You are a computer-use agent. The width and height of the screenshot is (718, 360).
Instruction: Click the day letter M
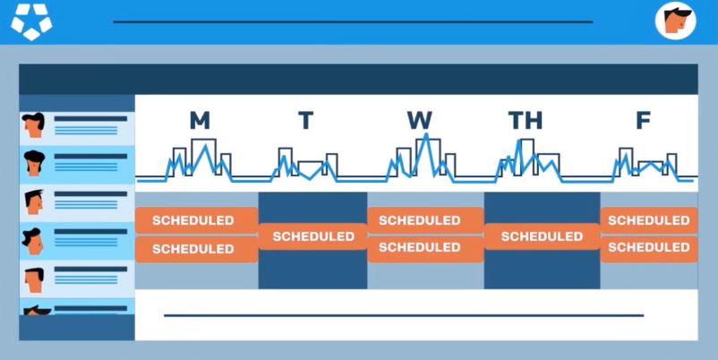coord(200,121)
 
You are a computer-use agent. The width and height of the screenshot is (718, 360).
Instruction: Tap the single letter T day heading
coord(306,121)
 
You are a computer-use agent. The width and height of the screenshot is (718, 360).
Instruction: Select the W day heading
coord(420,121)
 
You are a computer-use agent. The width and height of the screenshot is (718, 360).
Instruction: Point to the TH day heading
coord(526,121)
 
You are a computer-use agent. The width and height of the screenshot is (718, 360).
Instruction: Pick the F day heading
coord(644,121)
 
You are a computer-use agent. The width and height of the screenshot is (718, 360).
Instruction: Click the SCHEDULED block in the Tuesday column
coord(313,236)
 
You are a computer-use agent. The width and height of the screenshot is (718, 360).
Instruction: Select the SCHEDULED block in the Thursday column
coord(542,236)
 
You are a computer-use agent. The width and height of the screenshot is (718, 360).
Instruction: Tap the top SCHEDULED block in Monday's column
coord(196,220)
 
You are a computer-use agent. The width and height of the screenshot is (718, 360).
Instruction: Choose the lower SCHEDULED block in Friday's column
coord(649,248)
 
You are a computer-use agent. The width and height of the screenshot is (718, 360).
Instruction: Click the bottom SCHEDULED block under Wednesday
coord(425,248)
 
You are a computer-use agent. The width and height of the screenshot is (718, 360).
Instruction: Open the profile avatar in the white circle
coord(675,21)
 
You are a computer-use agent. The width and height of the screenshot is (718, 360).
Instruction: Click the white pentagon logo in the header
coord(31,21)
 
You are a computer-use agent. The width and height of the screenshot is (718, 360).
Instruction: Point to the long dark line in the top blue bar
coord(353,21)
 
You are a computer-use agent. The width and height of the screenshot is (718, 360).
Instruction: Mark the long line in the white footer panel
coord(404,315)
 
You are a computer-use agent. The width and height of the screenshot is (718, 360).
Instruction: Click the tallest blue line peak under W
coord(426,134)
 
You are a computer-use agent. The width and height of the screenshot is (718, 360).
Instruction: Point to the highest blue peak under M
coord(206,146)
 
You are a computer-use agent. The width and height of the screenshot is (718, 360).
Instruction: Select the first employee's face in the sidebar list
coord(33,124)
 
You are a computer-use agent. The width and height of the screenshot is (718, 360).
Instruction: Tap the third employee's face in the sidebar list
coord(33,202)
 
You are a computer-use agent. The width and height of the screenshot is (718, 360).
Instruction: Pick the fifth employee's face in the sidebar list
coord(34,279)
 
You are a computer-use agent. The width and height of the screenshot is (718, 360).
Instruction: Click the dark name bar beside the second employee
coord(90,156)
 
